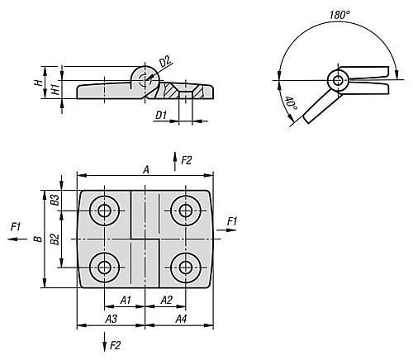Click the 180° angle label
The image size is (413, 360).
click(339, 15)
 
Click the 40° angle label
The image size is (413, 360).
click(291, 104)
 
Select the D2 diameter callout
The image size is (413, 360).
click(165, 61)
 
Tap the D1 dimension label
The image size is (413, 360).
click(161, 115)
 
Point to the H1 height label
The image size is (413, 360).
click(56, 89)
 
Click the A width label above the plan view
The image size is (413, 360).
click(146, 169)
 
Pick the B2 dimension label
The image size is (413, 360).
click(55, 239)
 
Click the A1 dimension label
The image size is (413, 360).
click(126, 300)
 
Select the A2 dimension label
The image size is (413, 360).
click(167, 300)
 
